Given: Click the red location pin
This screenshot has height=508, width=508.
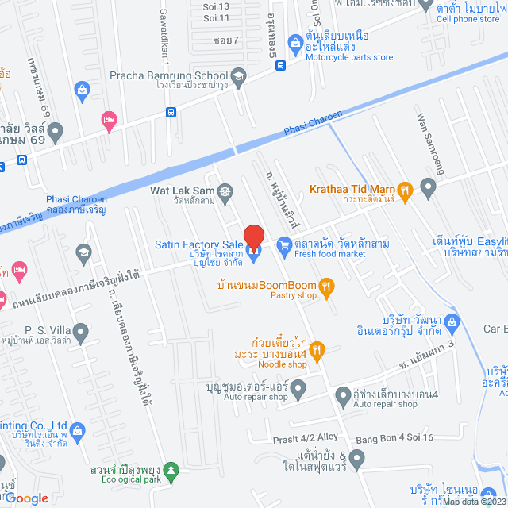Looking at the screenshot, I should coord(253,237).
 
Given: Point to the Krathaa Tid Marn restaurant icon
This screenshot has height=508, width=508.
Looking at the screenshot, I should coord(405,190).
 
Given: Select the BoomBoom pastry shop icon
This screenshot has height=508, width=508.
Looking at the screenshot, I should coord(325,286).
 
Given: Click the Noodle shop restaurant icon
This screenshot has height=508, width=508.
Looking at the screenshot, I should coord(316,349).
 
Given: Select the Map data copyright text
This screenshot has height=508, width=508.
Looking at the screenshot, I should coord(475,501).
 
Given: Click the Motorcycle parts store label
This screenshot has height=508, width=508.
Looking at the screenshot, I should coord(349,57).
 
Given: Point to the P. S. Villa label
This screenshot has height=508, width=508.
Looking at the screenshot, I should coord(27,330).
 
